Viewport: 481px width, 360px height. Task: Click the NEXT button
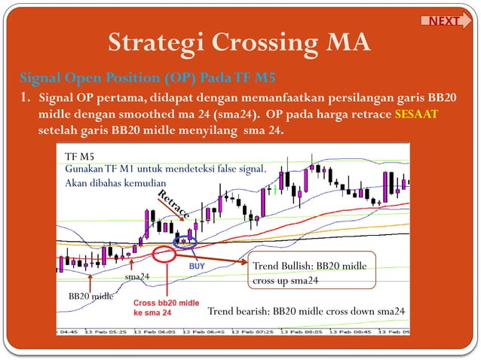444,21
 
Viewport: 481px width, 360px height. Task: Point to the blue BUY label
194,266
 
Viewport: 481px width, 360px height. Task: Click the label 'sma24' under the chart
136,276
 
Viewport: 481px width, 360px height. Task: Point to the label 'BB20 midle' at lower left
91,295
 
